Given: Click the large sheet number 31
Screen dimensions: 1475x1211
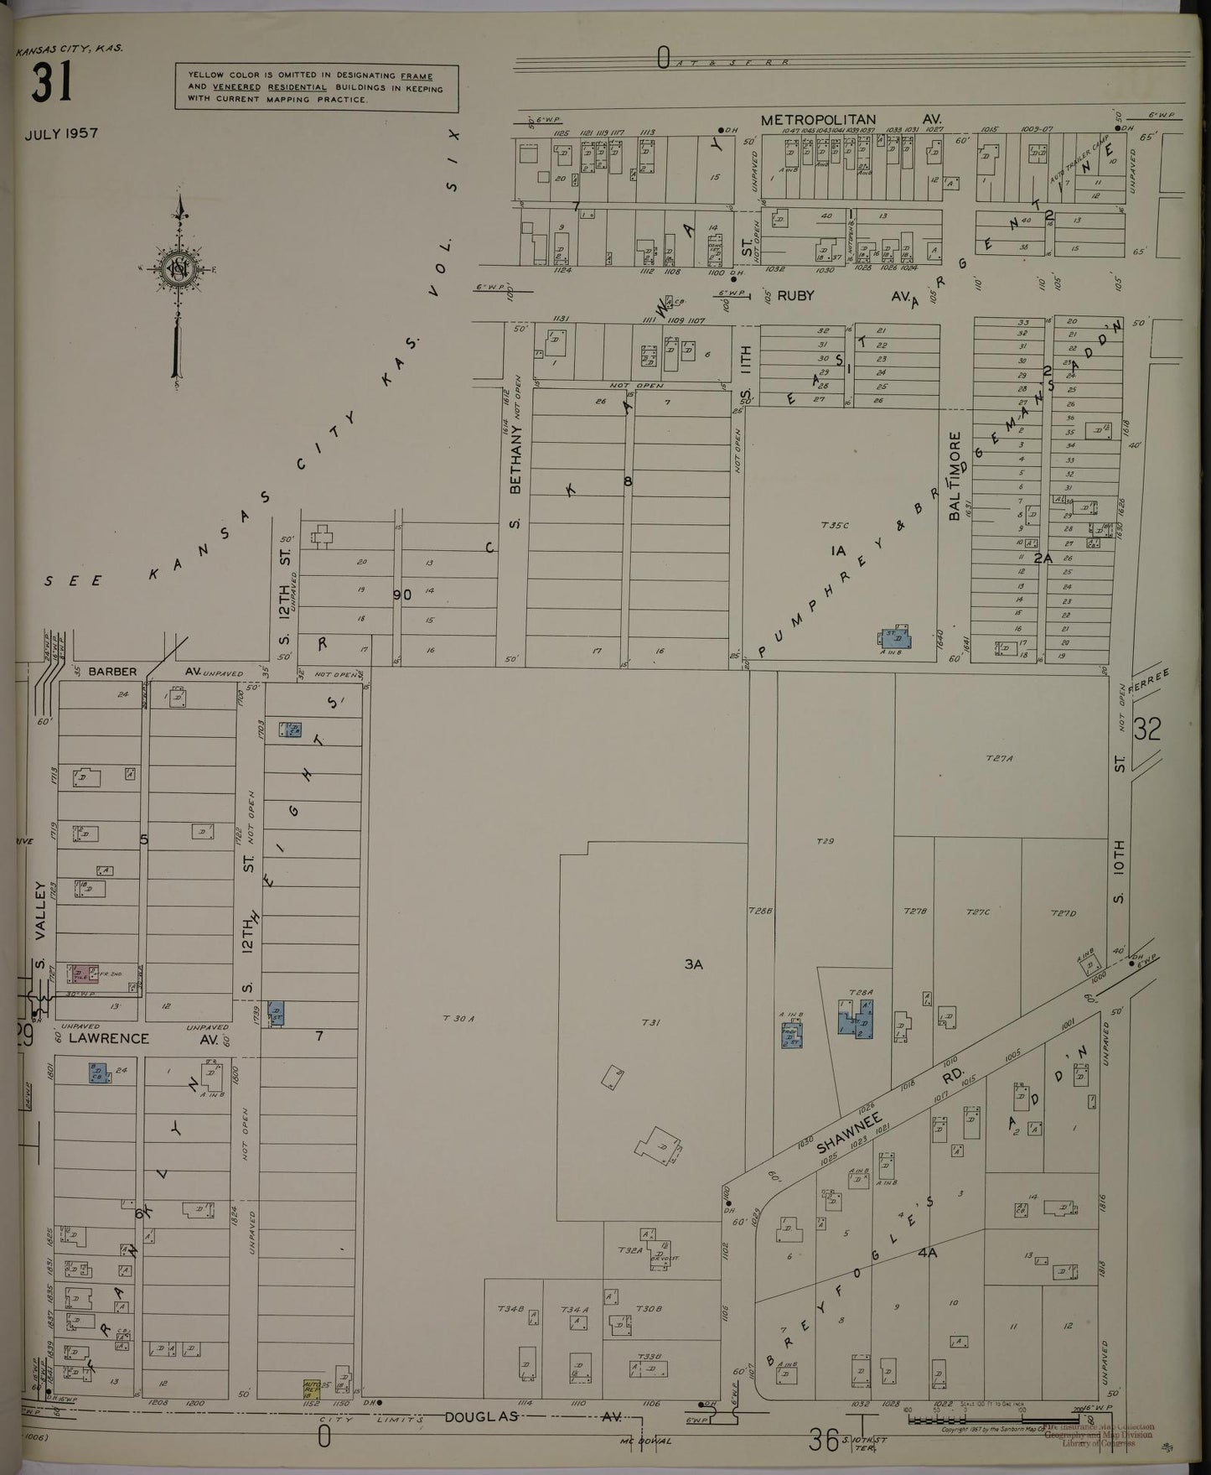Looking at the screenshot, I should [x=53, y=83].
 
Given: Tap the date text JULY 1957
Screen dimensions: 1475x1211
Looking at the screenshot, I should [x=61, y=133].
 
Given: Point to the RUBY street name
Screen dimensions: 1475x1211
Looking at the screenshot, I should [x=795, y=295].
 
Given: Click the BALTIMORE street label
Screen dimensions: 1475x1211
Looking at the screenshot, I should [x=954, y=476].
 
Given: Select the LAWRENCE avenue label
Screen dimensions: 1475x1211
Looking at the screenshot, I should [x=109, y=1038].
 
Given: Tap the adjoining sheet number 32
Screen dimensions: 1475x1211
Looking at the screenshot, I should [x=1146, y=729].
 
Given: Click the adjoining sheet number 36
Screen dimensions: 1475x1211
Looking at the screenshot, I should [x=823, y=1441].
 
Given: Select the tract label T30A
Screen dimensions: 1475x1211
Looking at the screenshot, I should [x=458, y=1018].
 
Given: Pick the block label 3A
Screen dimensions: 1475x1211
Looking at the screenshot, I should [x=693, y=964].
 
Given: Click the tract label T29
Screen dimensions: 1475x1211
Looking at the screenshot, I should [x=825, y=840].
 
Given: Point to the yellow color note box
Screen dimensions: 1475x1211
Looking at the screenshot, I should [x=316, y=87].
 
